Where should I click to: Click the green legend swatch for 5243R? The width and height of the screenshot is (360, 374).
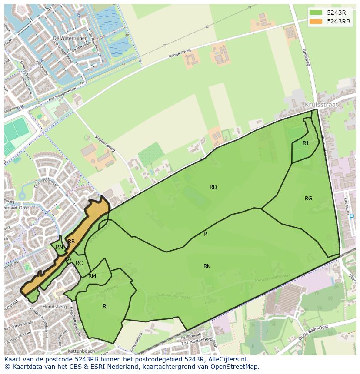pyautogui.click(x=316, y=12)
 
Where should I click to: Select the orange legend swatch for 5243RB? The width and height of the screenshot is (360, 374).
pyautogui.click(x=316, y=21)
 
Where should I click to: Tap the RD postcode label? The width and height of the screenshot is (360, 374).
pyautogui.click(x=213, y=187)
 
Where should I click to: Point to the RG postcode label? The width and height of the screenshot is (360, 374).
pyautogui.click(x=308, y=199)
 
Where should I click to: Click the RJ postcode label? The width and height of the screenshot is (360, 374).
pyautogui.click(x=305, y=143)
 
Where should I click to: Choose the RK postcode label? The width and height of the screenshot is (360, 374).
pyautogui.click(x=207, y=266)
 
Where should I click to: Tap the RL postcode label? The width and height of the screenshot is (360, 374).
pyautogui.click(x=106, y=307)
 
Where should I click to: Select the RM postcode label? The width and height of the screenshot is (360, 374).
pyautogui.click(x=92, y=276)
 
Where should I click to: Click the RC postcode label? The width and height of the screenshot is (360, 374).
pyautogui.click(x=79, y=263)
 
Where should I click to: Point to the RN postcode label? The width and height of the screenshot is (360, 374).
pyautogui.click(x=59, y=247)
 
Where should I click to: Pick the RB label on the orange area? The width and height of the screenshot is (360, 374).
pyautogui.click(x=71, y=242)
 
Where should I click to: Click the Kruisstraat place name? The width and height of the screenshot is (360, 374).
pyautogui.click(x=321, y=105)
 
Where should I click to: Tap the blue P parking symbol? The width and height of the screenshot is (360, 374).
pyautogui.click(x=351, y=218)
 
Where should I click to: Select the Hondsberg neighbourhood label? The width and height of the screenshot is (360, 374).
pyautogui.click(x=54, y=307)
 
